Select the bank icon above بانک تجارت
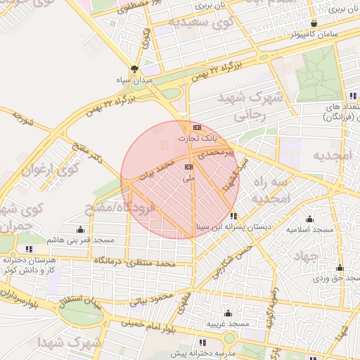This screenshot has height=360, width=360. pyautogui.click(x=197, y=127)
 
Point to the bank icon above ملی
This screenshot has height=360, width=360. pyautogui.click(x=188, y=167)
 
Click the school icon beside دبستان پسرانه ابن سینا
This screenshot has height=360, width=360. pyautogui.click(x=233, y=216)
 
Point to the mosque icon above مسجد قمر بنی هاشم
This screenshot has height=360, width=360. pyautogui.click(x=80, y=229)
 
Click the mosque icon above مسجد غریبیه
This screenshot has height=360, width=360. pyautogui.click(x=228, y=313)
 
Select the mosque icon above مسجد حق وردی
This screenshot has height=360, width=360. pyautogui.click(x=340, y=267)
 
